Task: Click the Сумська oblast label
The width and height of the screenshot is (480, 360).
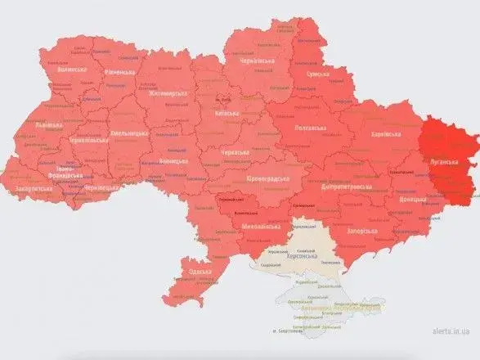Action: click(x=318, y=74)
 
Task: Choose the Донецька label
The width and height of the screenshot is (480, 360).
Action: click(x=411, y=198)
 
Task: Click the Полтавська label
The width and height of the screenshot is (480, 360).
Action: click(x=314, y=128)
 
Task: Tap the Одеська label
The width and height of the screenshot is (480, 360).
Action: click(x=198, y=272)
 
